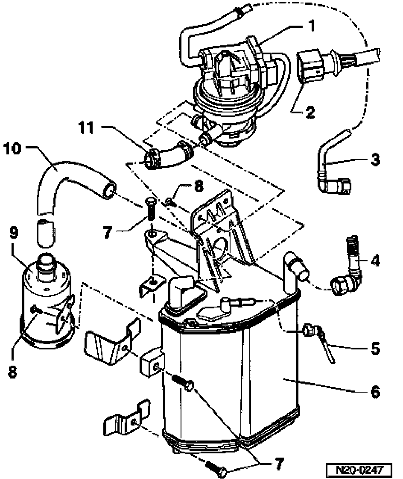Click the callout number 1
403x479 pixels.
point(312,26)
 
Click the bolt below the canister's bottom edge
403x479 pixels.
point(214,466)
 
